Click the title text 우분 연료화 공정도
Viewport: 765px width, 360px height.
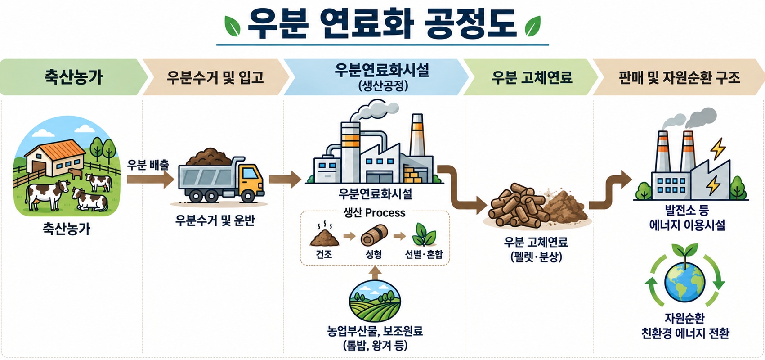point(381,23)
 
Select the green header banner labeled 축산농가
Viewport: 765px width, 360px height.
point(73,77)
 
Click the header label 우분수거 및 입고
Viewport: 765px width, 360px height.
point(215,77)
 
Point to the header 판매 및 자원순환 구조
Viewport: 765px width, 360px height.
point(680,77)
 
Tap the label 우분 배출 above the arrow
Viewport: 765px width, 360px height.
point(148,165)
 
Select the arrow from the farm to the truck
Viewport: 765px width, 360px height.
point(150,179)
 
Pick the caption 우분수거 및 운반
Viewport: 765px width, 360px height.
point(215,220)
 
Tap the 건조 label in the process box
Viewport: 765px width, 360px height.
point(324,254)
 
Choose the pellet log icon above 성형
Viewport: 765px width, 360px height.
point(374,235)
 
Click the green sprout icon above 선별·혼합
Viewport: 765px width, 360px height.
point(424,234)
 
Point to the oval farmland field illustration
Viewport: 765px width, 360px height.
point(375,301)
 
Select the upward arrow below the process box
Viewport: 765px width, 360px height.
point(376,273)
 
